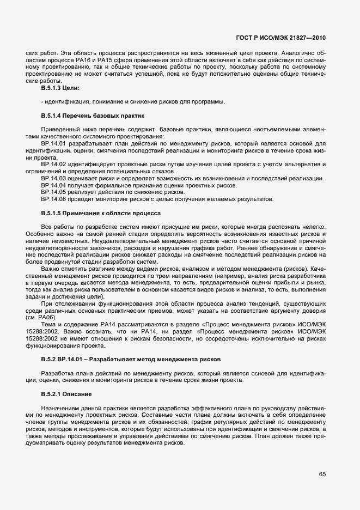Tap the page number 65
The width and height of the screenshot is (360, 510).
point(322,475)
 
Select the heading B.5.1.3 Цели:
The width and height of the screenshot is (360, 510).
point(60,88)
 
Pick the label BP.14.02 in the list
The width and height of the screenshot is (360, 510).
point(53,164)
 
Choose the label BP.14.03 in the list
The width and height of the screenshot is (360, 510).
point(53,178)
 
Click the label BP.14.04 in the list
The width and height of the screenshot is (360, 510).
point(53,185)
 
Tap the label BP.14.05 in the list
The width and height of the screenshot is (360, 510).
point(53,192)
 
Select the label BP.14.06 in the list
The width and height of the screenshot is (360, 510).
point(53,199)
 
